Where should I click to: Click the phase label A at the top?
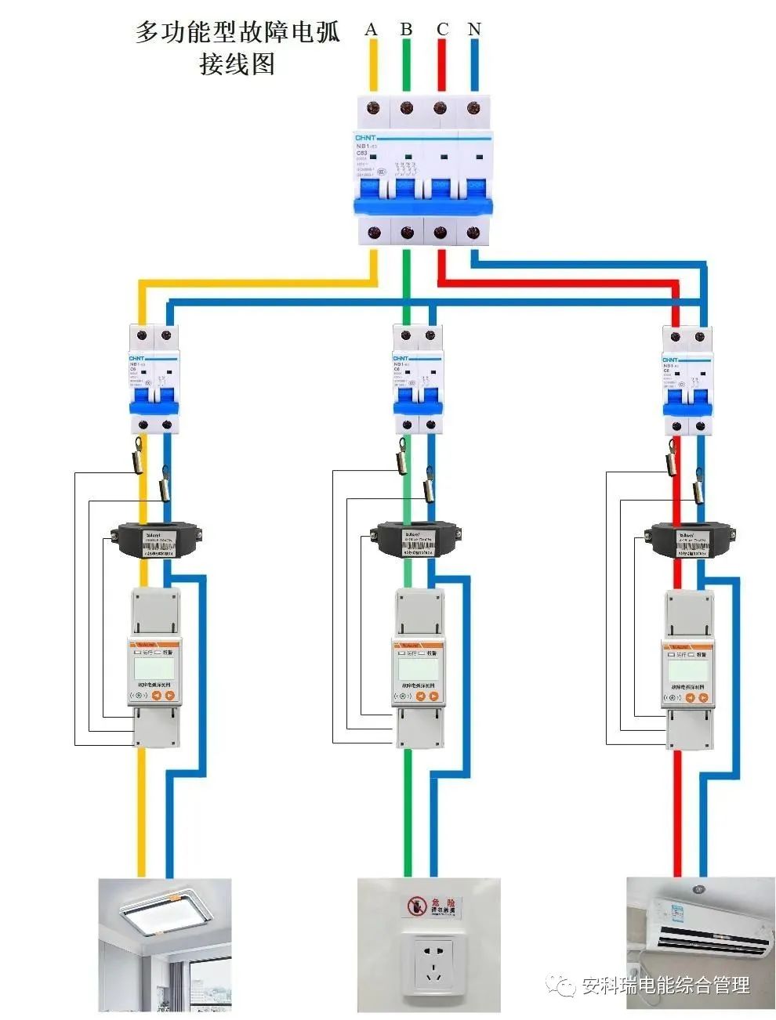(372, 30)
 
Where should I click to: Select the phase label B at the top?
(406, 30)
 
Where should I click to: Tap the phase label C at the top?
(442, 30)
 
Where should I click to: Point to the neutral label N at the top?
(474, 30)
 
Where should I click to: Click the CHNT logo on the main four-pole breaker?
(367, 137)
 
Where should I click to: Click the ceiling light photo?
(165, 944)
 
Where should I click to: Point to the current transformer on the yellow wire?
(154, 540)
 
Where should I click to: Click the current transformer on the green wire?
(416, 540)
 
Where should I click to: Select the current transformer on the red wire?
(689, 540)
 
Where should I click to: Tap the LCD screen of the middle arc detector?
(417, 668)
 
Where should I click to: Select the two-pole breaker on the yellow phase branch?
(154, 379)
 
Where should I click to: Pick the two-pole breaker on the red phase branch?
(687, 381)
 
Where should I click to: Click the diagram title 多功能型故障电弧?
(238, 32)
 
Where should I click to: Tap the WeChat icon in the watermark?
(561, 984)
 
